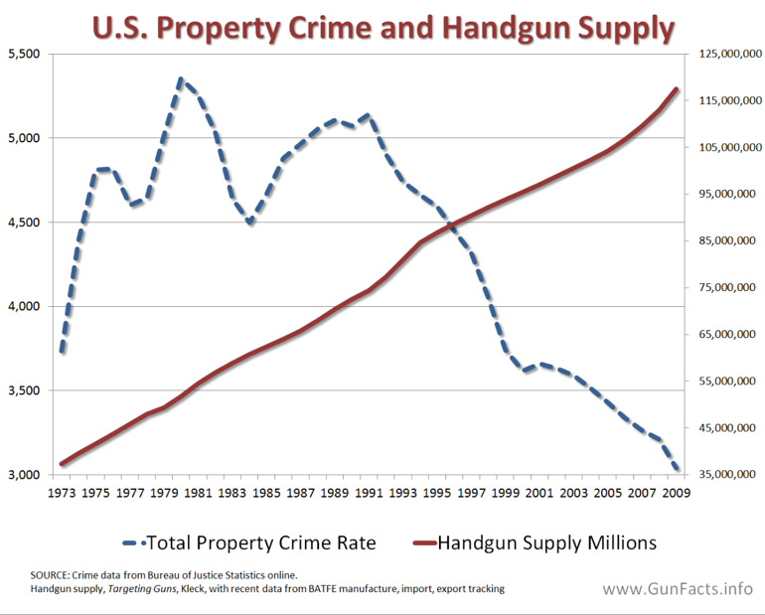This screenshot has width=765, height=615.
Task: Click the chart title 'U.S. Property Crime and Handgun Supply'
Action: [x=382, y=27]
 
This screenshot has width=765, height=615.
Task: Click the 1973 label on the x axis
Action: [x=62, y=493]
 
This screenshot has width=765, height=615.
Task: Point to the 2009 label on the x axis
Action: [x=677, y=493]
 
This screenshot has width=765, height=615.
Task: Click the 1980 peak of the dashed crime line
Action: [x=181, y=78]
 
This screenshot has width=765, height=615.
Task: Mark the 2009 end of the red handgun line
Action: [x=677, y=89]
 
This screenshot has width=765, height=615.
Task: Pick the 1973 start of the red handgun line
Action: [x=62, y=464]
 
